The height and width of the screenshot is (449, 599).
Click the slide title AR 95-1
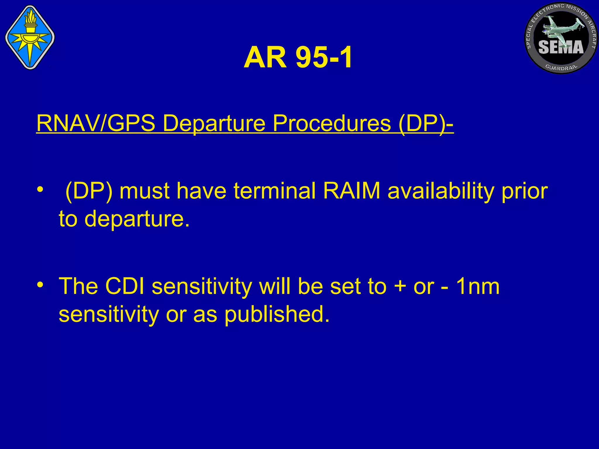coord(298,58)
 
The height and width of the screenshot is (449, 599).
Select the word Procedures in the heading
coord(332,123)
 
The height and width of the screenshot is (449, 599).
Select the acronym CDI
coord(125,286)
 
